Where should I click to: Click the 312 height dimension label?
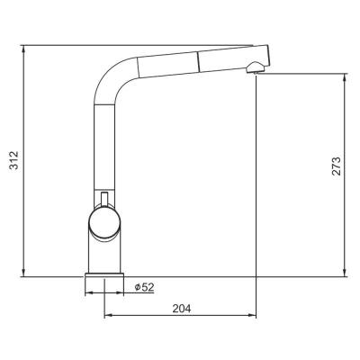(x=11, y=160)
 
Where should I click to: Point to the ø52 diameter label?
(x=144, y=287)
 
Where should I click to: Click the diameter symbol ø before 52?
(x=137, y=287)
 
